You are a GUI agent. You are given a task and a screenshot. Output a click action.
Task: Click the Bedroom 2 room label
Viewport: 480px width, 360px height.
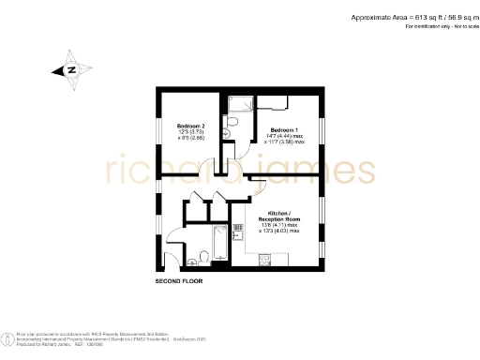pyautogui.click(x=190, y=125)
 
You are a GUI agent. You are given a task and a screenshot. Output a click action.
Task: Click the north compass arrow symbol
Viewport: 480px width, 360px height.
pyautogui.click(x=68, y=70)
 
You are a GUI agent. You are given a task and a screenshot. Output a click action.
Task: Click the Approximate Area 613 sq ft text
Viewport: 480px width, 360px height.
pyautogui.click(x=412, y=18)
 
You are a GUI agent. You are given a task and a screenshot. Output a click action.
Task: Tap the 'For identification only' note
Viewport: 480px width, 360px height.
pyautogui.click(x=441, y=28)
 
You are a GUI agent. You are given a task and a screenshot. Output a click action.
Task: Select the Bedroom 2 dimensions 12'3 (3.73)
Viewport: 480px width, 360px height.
pyautogui.click(x=190, y=131)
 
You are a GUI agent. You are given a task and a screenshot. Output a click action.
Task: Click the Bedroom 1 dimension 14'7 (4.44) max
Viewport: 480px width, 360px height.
pyautogui.click(x=286, y=137)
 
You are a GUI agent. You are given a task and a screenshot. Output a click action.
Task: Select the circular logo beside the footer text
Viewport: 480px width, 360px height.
pyautogui.click(x=8, y=337)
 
